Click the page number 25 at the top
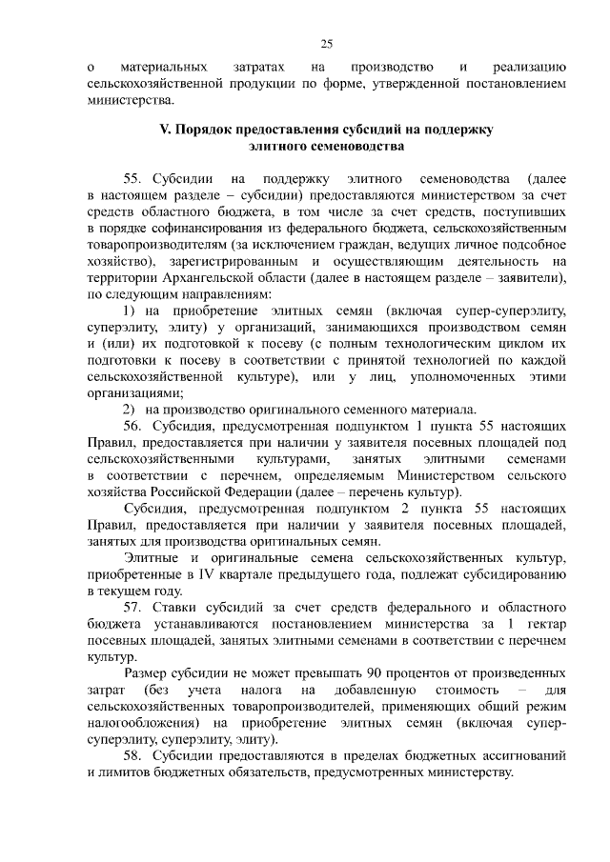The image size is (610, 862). pyautogui.click(x=326, y=44)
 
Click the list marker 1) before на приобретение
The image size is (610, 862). pyautogui.click(x=131, y=311)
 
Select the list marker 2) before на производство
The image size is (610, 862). pyautogui.click(x=131, y=411)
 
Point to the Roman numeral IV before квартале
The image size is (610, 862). pyautogui.click(x=206, y=572)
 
